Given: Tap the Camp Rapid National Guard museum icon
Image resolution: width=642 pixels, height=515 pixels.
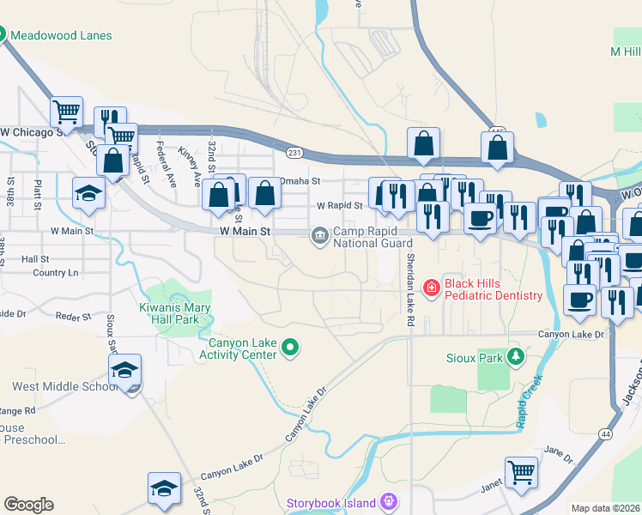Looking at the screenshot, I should tap(319, 233).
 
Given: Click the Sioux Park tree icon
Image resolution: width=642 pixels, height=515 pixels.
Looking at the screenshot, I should tap(516, 356).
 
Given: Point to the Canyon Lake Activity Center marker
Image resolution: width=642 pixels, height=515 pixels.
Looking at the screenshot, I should tap(291, 347).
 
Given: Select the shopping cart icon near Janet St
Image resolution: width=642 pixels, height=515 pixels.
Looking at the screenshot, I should tap(521, 471).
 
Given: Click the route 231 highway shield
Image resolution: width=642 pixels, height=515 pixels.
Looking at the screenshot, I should tap(294, 153).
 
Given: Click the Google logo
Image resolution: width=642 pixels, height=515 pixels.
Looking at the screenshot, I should tap(28, 505).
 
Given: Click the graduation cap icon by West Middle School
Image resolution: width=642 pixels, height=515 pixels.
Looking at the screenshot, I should tap(125, 370).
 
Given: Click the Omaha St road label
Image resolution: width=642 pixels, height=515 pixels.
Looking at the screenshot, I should tap(300, 181).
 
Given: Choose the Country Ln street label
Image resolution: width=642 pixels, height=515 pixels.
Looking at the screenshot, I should tap(55, 273).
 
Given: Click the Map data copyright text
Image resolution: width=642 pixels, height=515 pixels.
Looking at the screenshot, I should tap(605, 508).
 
